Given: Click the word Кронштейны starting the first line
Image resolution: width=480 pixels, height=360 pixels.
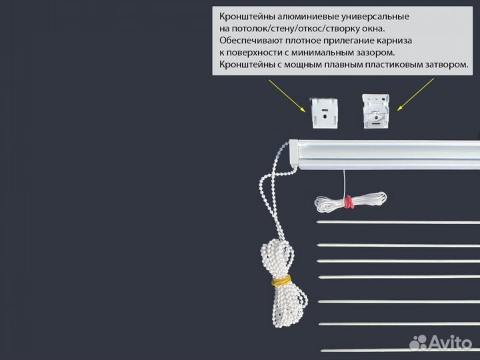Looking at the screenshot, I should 245,15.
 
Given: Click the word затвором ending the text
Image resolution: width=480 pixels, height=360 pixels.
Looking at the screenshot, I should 446,65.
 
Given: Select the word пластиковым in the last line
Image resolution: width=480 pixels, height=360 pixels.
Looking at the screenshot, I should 391,65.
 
